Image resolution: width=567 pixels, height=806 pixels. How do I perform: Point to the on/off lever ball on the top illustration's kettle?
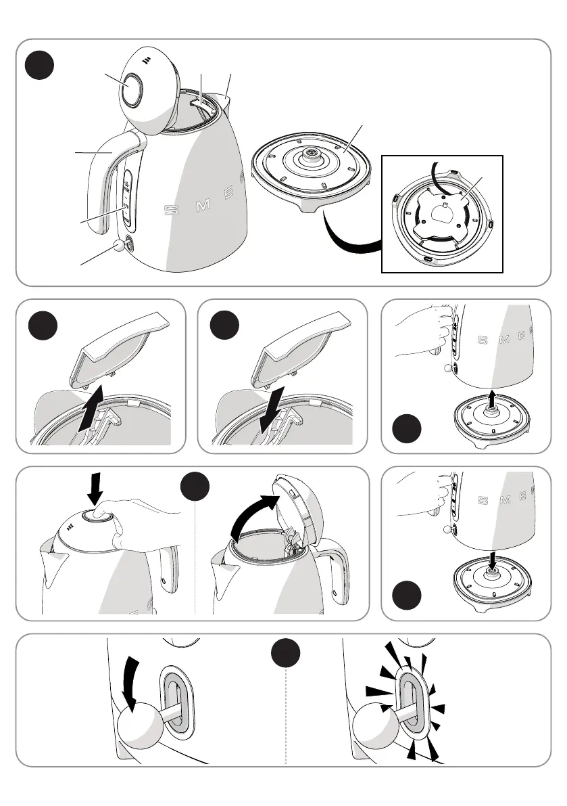coord(120,246)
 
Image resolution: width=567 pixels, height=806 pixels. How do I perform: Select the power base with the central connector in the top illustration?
coord(312,172)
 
